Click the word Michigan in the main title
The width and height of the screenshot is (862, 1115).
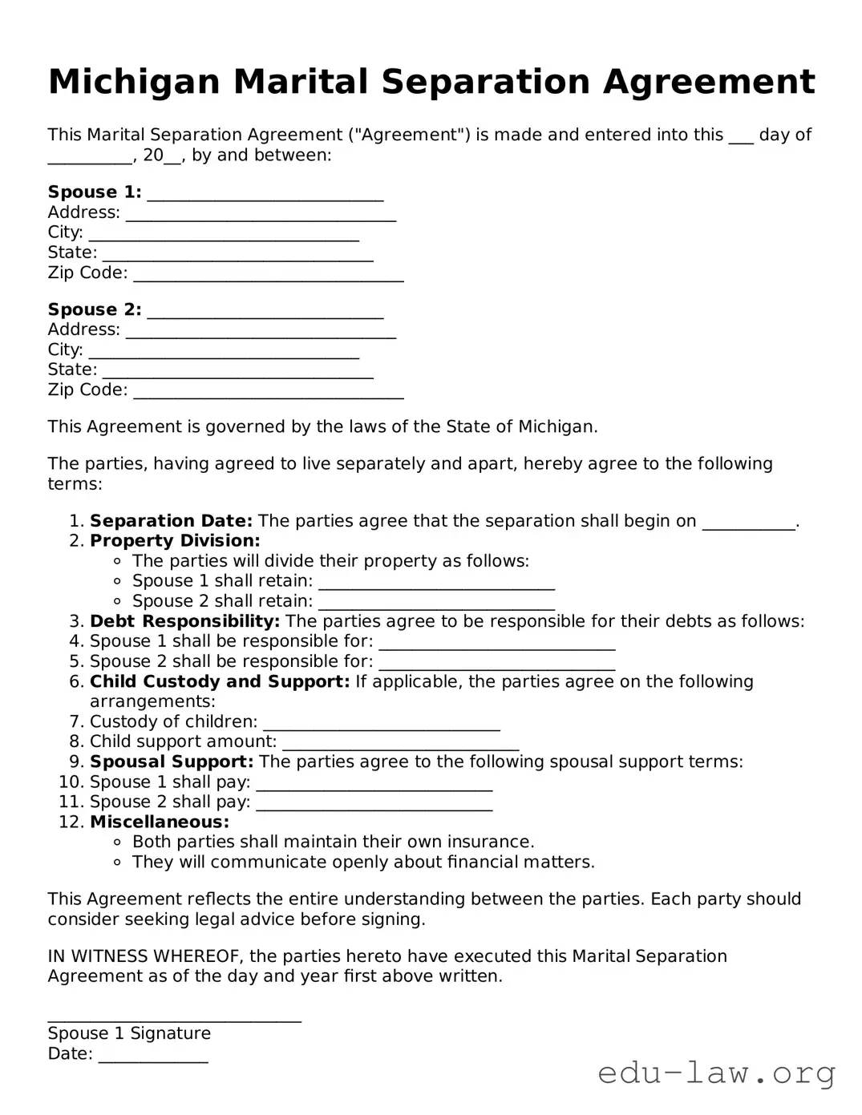tap(133, 83)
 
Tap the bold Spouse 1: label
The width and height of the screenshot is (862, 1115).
tap(95, 192)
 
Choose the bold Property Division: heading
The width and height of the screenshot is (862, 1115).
tap(175, 541)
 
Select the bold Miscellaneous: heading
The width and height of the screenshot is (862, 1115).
tap(160, 822)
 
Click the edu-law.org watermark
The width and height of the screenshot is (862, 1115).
tap(717, 1073)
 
